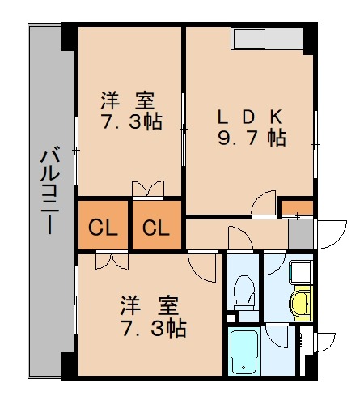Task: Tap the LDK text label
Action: coord(249,116)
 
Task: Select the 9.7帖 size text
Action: coord(251,138)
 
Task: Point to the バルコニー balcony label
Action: coord(49,189)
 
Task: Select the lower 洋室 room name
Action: coord(150,306)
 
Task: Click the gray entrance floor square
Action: coord(300,233)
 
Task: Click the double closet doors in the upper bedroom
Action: coord(147,189)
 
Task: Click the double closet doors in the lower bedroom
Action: coord(110,261)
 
